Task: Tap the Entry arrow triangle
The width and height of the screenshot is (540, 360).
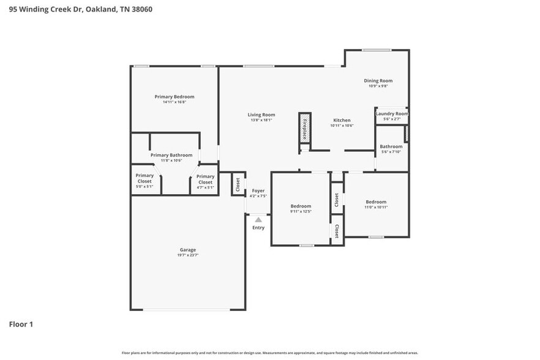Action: click(258, 219)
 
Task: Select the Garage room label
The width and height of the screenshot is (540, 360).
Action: click(188, 250)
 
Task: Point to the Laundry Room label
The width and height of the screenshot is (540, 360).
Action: click(392, 113)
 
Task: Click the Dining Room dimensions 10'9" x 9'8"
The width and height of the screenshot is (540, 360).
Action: click(378, 86)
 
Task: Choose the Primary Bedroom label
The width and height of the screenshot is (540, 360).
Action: click(174, 97)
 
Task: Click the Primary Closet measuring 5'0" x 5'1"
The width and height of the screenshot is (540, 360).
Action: click(145, 179)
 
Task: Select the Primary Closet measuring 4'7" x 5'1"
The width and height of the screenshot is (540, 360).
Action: click(205, 179)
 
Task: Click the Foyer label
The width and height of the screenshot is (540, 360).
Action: click(258, 191)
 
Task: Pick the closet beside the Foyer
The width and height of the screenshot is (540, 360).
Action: click(238, 184)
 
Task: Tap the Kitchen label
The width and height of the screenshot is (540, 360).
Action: click(342, 120)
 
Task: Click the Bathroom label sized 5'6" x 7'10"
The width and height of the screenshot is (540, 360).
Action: click(391, 146)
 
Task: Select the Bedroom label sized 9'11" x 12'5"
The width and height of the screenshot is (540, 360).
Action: click(301, 206)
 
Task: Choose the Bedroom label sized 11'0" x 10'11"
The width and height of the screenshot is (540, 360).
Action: click(376, 202)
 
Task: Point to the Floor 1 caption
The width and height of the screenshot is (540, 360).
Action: click(20, 324)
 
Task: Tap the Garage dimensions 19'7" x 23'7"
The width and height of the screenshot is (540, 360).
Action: click(188, 255)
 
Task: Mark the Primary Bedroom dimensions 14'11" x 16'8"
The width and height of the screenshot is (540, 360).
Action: click(174, 102)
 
